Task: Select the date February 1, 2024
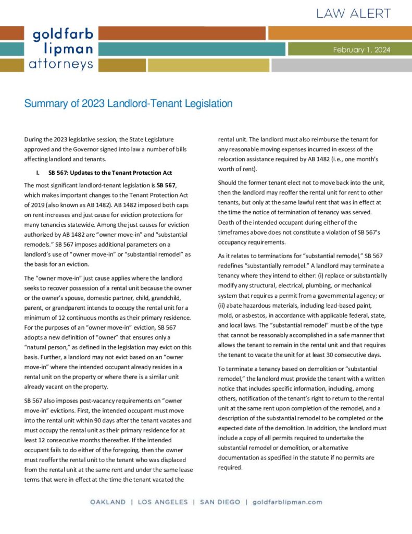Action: pos(361,50)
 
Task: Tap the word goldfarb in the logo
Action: pos(63,35)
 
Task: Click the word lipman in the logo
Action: pos(68,50)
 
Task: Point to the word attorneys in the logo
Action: pos(61,65)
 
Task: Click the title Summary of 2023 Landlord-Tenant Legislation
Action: pos(128,103)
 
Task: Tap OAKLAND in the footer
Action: pos(108,502)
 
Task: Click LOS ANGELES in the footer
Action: pos(162,502)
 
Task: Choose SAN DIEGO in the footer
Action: pos(219,502)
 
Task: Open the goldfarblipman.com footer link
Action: pos(287,502)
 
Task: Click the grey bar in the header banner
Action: pos(342,65)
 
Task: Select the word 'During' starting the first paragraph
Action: pos(34,140)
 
